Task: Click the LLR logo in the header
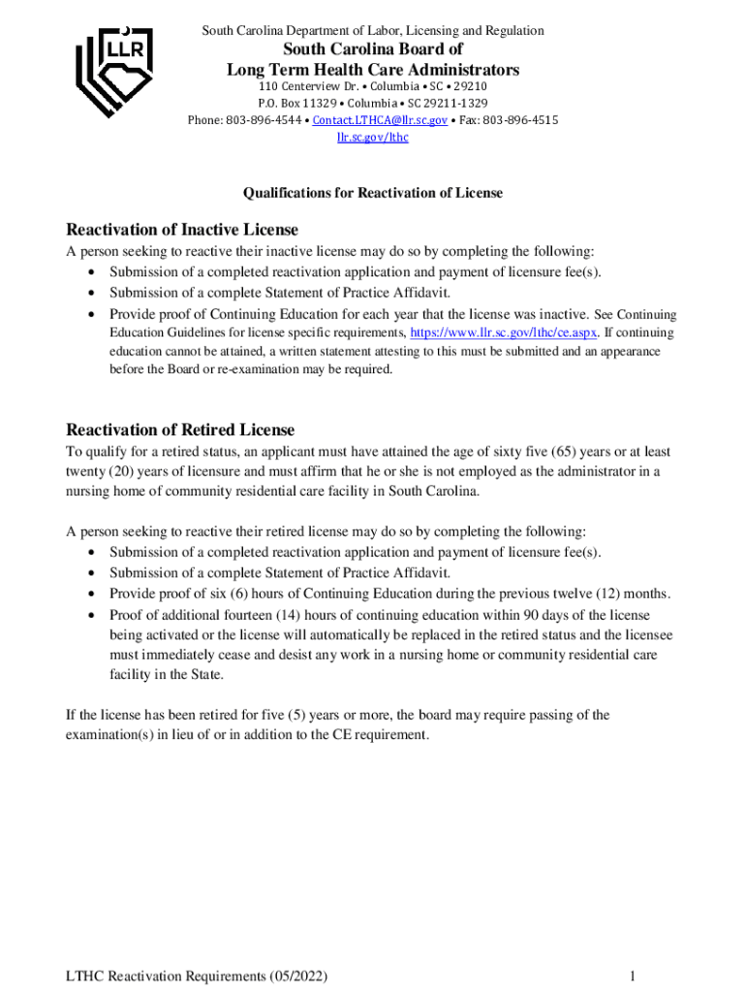tap(115, 69)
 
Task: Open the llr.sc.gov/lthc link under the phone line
tap(372, 138)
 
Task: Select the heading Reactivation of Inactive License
tap(181, 230)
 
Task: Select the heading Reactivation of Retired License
tap(179, 430)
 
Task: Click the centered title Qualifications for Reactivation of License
tap(373, 193)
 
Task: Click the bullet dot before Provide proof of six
tap(91, 593)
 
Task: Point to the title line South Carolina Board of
tap(373, 49)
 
